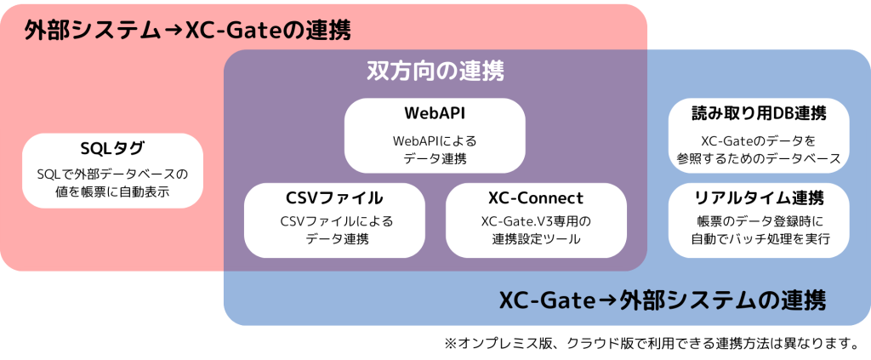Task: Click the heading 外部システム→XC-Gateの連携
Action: click(x=187, y=31)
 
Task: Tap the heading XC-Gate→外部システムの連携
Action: click(x=661, y=301)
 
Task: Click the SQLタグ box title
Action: click(x=112, y=149)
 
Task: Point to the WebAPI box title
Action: click(x=434, y=113)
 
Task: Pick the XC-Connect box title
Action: click(x=535, y=198)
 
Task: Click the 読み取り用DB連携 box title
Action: click(x=760, y=113)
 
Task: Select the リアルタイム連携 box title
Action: click(x=760, y=198)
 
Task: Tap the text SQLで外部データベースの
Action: click(x=112, y=174)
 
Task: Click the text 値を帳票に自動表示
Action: click(x=112, y=193)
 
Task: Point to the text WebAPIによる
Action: click(x=434, y=140)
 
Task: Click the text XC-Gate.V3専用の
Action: click(x=535, y=221)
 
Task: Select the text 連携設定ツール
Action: click(x=535, y=239)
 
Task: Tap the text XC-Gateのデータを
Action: click(x=760, y=140)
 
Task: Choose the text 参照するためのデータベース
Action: click(x=760, y=157)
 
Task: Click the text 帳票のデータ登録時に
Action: click(x=760, y=221)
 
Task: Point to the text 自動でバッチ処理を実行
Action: click(x=760, y=239)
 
